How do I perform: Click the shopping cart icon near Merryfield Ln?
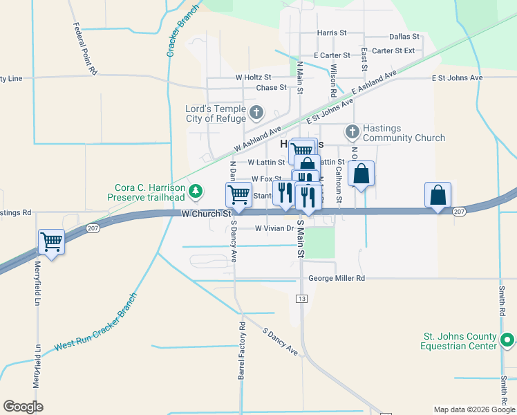click(51, 242)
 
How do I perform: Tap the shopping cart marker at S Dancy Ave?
click(238, 195)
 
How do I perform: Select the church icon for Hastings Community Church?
click(352, 131)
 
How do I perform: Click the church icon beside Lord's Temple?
click(256, 113)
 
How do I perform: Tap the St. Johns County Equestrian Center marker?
click(507, 340)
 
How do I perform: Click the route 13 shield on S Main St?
click(301, 298)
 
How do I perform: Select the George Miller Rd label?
click(336, 278)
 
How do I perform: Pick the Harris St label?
click(332, 33)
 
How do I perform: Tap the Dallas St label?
click(404, 36)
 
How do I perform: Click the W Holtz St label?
click(253, 77)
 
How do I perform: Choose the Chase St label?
click(271, 88)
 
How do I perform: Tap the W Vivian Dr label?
click(275, 228)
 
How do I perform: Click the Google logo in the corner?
click(23, 407)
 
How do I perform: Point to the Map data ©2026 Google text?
click(473, 409)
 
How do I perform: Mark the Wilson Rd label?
click(333, 80)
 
